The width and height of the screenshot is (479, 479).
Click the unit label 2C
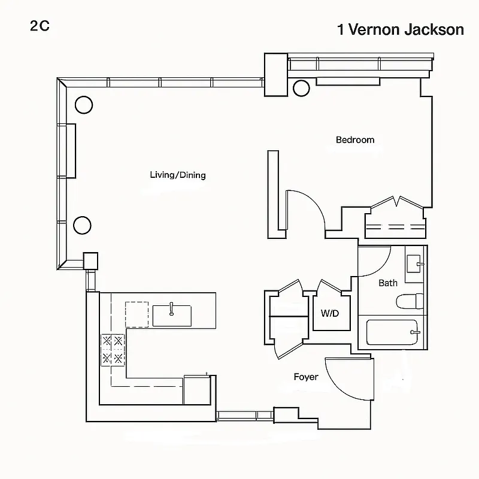point(39,27)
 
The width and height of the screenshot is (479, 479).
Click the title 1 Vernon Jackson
point(401,30)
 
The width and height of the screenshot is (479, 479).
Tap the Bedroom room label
point(355,140)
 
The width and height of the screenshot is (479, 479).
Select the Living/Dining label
point(178,175)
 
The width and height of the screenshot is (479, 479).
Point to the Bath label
point(388,283)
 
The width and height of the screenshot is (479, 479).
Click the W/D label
point(329,313)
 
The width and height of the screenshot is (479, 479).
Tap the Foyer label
point(306,377)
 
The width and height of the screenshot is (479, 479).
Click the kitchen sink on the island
point(172,315)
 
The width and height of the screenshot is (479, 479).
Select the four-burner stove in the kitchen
point(113,350)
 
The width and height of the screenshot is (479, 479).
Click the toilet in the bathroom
point(410,301)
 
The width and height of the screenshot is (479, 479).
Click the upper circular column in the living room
point(83,105)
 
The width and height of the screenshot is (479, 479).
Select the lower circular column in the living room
point(82,225)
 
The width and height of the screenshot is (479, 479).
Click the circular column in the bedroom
point(301,88)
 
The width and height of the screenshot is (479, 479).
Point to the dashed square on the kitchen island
point(137,314)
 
